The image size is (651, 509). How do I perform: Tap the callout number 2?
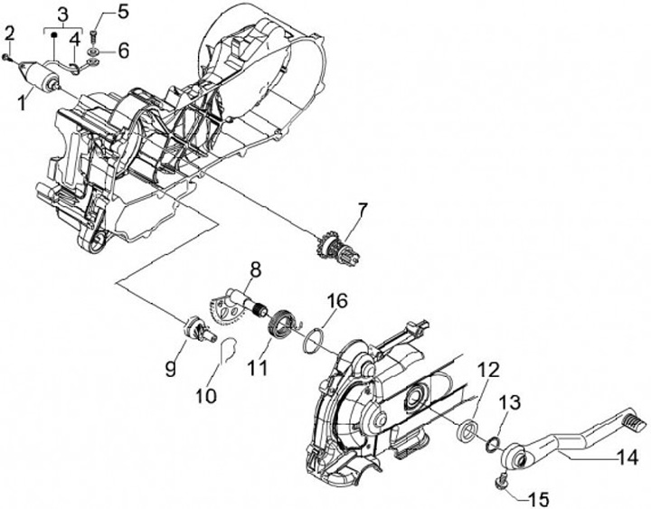click(x=10, y=34)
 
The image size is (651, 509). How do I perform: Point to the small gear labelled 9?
click(x=195, y=327)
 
